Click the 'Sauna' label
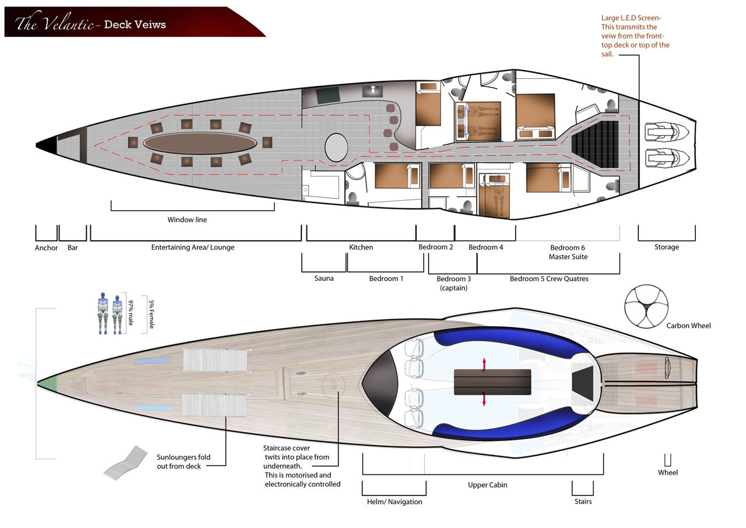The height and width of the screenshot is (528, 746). tap(323, 278)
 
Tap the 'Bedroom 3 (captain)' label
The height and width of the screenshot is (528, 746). tap(453, 283)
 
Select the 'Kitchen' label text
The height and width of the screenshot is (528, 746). tap(361, 247)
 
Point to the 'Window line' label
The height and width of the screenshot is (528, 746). tap(187, 219)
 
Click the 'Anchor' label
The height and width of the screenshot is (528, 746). tap(46, 248)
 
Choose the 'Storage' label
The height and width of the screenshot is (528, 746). tap(666, 247)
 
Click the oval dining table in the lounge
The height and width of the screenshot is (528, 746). tap(200, 143)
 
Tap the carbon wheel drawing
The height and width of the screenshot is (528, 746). tap(646, 306)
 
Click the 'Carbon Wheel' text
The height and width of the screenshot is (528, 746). tap(688, 326)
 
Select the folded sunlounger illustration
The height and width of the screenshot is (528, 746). tap(125, 463)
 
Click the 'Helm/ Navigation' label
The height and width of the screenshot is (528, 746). tap(395, 502)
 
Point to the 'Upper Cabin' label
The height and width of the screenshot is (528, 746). tap(488, 485)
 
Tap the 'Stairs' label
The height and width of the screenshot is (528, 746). tap(583, 501)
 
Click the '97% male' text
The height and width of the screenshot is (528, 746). tap(131, 313)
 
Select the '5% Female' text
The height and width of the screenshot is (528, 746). tap(151, 314)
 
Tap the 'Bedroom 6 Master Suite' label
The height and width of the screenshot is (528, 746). tap(568, 252)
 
